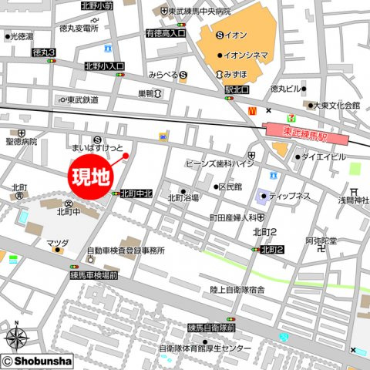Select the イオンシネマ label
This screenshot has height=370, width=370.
pyautogui.click(x=246, y=55)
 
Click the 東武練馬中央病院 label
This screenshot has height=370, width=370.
pyautogui.click(x=201, y=12)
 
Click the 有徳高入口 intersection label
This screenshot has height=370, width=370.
pyautogui.click(x=165, y=33)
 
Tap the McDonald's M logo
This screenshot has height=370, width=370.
pyautogui.click(x=251, y=110)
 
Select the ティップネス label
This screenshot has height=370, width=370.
pyautogui.click(x=289, y=196)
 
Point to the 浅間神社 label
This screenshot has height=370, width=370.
pyautogui.click(x=354, y=201)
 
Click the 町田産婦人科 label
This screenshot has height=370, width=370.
pyautogui.click(x=233, y=218)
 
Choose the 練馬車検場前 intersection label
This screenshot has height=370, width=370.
pyautogui.click(x=93, y=274)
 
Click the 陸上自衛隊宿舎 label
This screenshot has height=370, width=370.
pyautogui.click(x=237, y=289)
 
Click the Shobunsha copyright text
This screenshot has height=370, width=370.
pyautogui.click(x=42, y=361)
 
